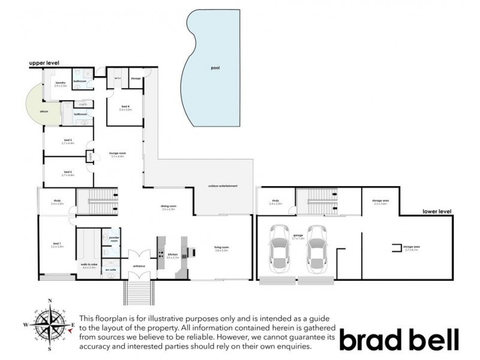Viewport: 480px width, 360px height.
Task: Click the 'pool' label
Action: (215, 68)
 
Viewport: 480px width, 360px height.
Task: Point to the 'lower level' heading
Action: (436, 211)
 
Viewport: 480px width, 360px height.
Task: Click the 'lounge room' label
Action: (117, 154)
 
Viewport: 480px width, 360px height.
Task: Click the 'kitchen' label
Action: (173, 254)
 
